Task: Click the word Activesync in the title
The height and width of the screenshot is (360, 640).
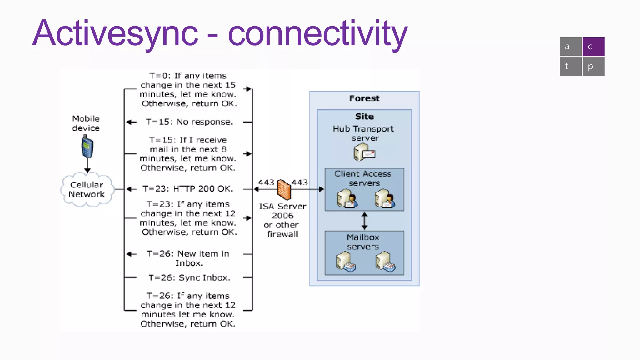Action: pyautogui.click(x=115, y=34)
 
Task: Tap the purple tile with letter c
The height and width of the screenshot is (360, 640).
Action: pyautogui.click(x=593, y=47)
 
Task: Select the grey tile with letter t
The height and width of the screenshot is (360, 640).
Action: pyautogui.click(x=570, y=67)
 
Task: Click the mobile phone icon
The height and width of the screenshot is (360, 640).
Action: pyautogui.click(x=87, y=147)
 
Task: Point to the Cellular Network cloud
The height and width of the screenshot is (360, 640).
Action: pyautogui.click(x=87, y=190)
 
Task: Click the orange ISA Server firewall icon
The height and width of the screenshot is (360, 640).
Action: pyautogui.click(x=284, y=189)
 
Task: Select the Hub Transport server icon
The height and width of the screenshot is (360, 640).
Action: pyautogui.click(x=364, y=152)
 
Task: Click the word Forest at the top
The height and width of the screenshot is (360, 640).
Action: pyautogui.click(x=364, y=98)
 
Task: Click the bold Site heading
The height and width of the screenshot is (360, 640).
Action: pyautogui.click(x=364, y=117)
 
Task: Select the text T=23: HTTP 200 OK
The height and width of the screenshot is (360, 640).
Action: pyautogui.click(x=188, y=189)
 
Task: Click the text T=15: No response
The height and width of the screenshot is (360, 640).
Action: pyautogui.click(x=189, y=122)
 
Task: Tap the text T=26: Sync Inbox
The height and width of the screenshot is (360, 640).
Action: pyautogui.click(x=189, y=278)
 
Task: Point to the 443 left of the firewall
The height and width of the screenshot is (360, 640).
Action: pyautogui.click(x=266, y=182)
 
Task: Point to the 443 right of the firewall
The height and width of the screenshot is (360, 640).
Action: pyautogui.click(x=300, y=182)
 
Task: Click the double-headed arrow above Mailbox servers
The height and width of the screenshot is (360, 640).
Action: pyautogui.click(x=364, y=221)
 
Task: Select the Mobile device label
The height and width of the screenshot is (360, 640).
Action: pyautogui.click(x=86, y=123)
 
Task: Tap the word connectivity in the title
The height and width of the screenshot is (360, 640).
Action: pyautogui.click(x=317, y=34)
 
